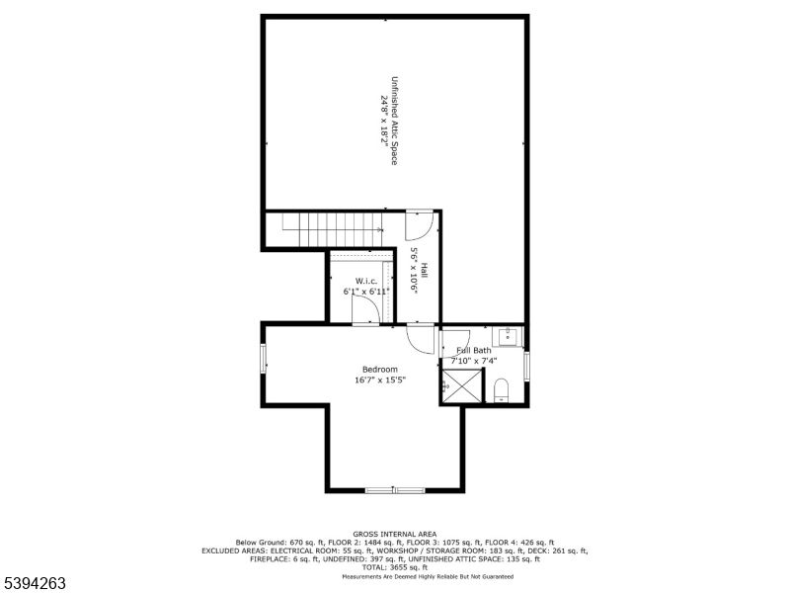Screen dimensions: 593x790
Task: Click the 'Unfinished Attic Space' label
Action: pos(394,120)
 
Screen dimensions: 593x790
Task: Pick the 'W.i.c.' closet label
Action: pos(366,282)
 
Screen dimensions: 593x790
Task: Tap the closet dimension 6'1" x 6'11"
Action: pos(366,293)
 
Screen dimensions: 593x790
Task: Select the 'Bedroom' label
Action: pos(380,369)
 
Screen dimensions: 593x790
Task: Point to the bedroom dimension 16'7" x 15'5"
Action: pos(380,380)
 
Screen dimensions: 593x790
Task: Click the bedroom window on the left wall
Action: pos(264,359)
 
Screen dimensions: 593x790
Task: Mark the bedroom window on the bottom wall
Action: pos(394,489)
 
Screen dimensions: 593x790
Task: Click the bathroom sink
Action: pos(508,337)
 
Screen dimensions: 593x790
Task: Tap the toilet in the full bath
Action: pos(501,388)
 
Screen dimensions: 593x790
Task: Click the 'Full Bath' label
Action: pos(473,350)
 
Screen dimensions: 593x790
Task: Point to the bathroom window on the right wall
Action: pos(525,365)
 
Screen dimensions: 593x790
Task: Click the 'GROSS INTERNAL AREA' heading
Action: pos(394,534)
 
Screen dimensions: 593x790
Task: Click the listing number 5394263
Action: pos(35,583)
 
